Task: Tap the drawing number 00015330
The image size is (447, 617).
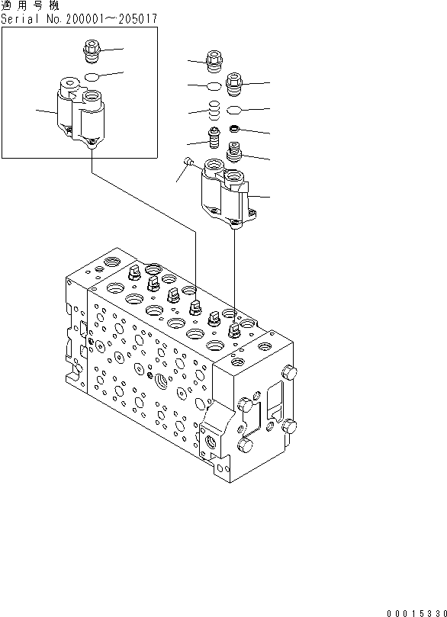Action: (x=412, y=609)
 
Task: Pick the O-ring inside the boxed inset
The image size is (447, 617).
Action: (x=91, y=76)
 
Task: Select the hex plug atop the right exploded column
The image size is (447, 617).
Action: (x=233, y=80)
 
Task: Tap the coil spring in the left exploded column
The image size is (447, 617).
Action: (x=214, y=111)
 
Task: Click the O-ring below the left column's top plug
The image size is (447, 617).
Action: (x=214, y=85)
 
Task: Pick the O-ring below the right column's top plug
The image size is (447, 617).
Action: (x=234, y=108)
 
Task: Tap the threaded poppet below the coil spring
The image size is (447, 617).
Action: (x=214, y=140)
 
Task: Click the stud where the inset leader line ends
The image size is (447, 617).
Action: (x=195, y=307)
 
